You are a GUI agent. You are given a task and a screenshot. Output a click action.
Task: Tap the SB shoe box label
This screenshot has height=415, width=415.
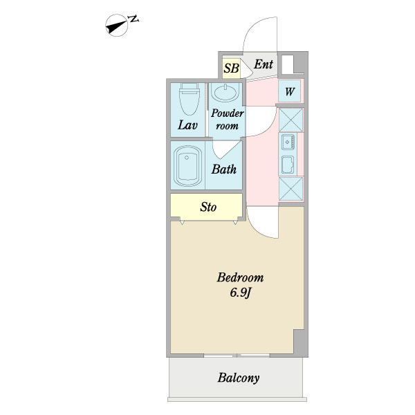coord(231,68)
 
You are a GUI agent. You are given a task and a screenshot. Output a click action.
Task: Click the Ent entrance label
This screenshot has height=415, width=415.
coord(264,65)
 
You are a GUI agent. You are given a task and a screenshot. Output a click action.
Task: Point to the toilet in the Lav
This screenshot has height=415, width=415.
coord(188,102)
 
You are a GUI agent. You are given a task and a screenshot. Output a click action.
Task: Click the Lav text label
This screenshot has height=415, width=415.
coord(188,126)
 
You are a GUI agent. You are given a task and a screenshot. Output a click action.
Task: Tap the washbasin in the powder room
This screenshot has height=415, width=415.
coord(226,93)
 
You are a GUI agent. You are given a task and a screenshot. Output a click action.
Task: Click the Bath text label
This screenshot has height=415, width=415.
coord(224,169)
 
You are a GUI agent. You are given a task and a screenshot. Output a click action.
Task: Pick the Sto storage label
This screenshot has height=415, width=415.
coord(208,207)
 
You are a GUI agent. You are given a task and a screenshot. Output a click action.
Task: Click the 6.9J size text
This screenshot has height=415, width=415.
coord(240,293)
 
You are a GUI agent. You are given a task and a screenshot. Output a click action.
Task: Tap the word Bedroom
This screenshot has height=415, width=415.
coord(240,278)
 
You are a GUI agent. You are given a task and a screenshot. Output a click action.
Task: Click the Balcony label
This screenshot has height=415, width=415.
coord(238,378)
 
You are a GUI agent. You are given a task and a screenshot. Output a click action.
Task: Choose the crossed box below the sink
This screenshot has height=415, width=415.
coord(290,189)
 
